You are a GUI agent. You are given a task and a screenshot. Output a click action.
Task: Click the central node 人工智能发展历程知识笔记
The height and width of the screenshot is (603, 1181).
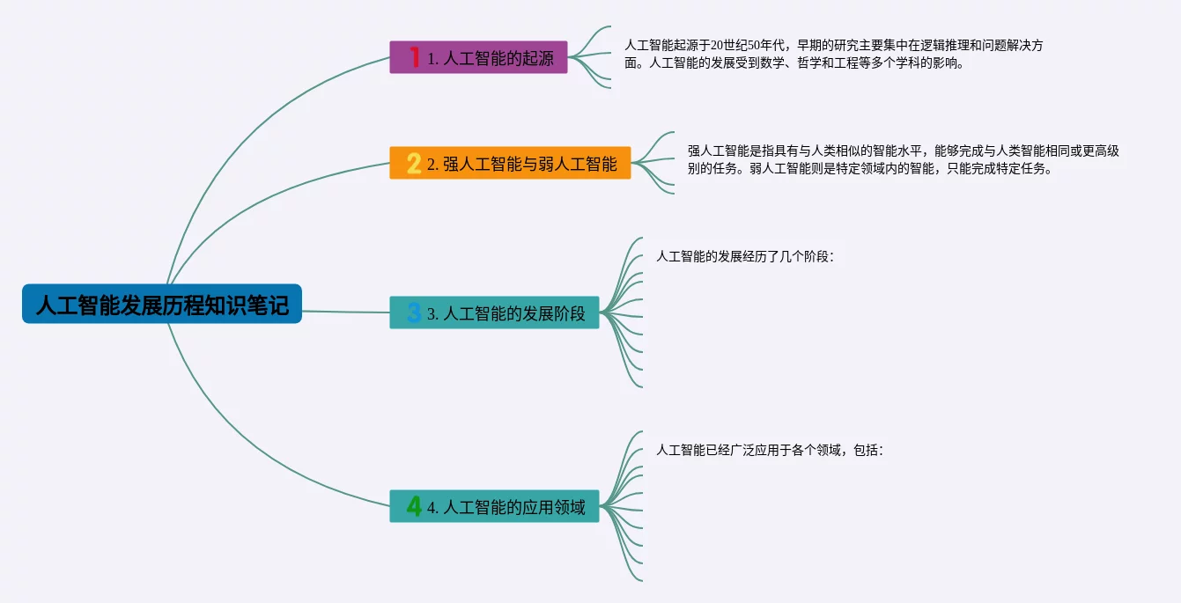(162, 305)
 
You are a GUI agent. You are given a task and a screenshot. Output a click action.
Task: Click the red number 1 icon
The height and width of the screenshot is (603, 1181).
(415, 58)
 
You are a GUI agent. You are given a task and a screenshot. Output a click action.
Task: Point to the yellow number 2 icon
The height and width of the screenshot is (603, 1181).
(414, 164)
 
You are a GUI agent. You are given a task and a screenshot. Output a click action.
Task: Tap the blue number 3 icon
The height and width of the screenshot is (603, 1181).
(414, 313)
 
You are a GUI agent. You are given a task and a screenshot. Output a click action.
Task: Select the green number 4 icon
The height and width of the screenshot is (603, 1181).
(414, 507)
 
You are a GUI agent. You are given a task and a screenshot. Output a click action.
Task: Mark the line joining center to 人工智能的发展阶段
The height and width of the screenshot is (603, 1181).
(345, 312)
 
